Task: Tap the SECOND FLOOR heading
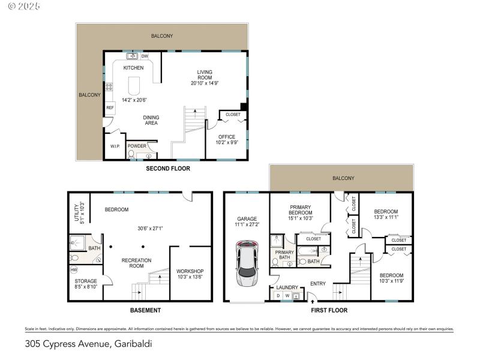pyautogui.click(x=168, y=169)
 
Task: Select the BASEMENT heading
pyautogui.click(x=145, y=310)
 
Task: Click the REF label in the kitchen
pyautogui.click(x=110, y=108)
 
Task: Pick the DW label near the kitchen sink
pyautogui.click(x=145, y=56)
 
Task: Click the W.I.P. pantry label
pyautogui.click(x=115, y=146)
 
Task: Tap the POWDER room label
pyautogui.click(x=137, y=146)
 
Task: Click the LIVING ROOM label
pyautogui.click(x=205, y=75)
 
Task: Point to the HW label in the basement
pyautogui.click(x=74, y=269)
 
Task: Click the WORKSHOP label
pyautogui.click(x=190, y=271)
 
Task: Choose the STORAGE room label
pyautogui.click(x=85, y=281)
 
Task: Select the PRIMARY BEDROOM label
pyautogui.click(x=300, y=209)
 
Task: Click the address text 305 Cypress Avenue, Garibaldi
pyautogui.click(x=88, y=344)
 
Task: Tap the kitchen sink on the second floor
pyautogui.click(x=132, y=56)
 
